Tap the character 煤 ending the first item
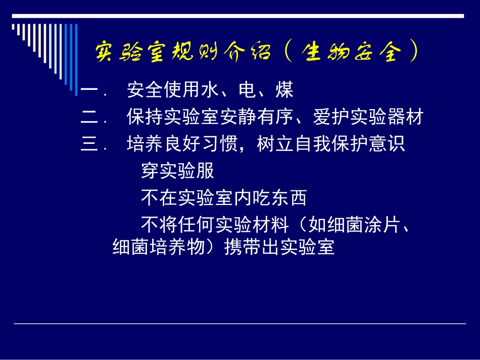(x=284, y=91)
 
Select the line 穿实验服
(x=177, y=172)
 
